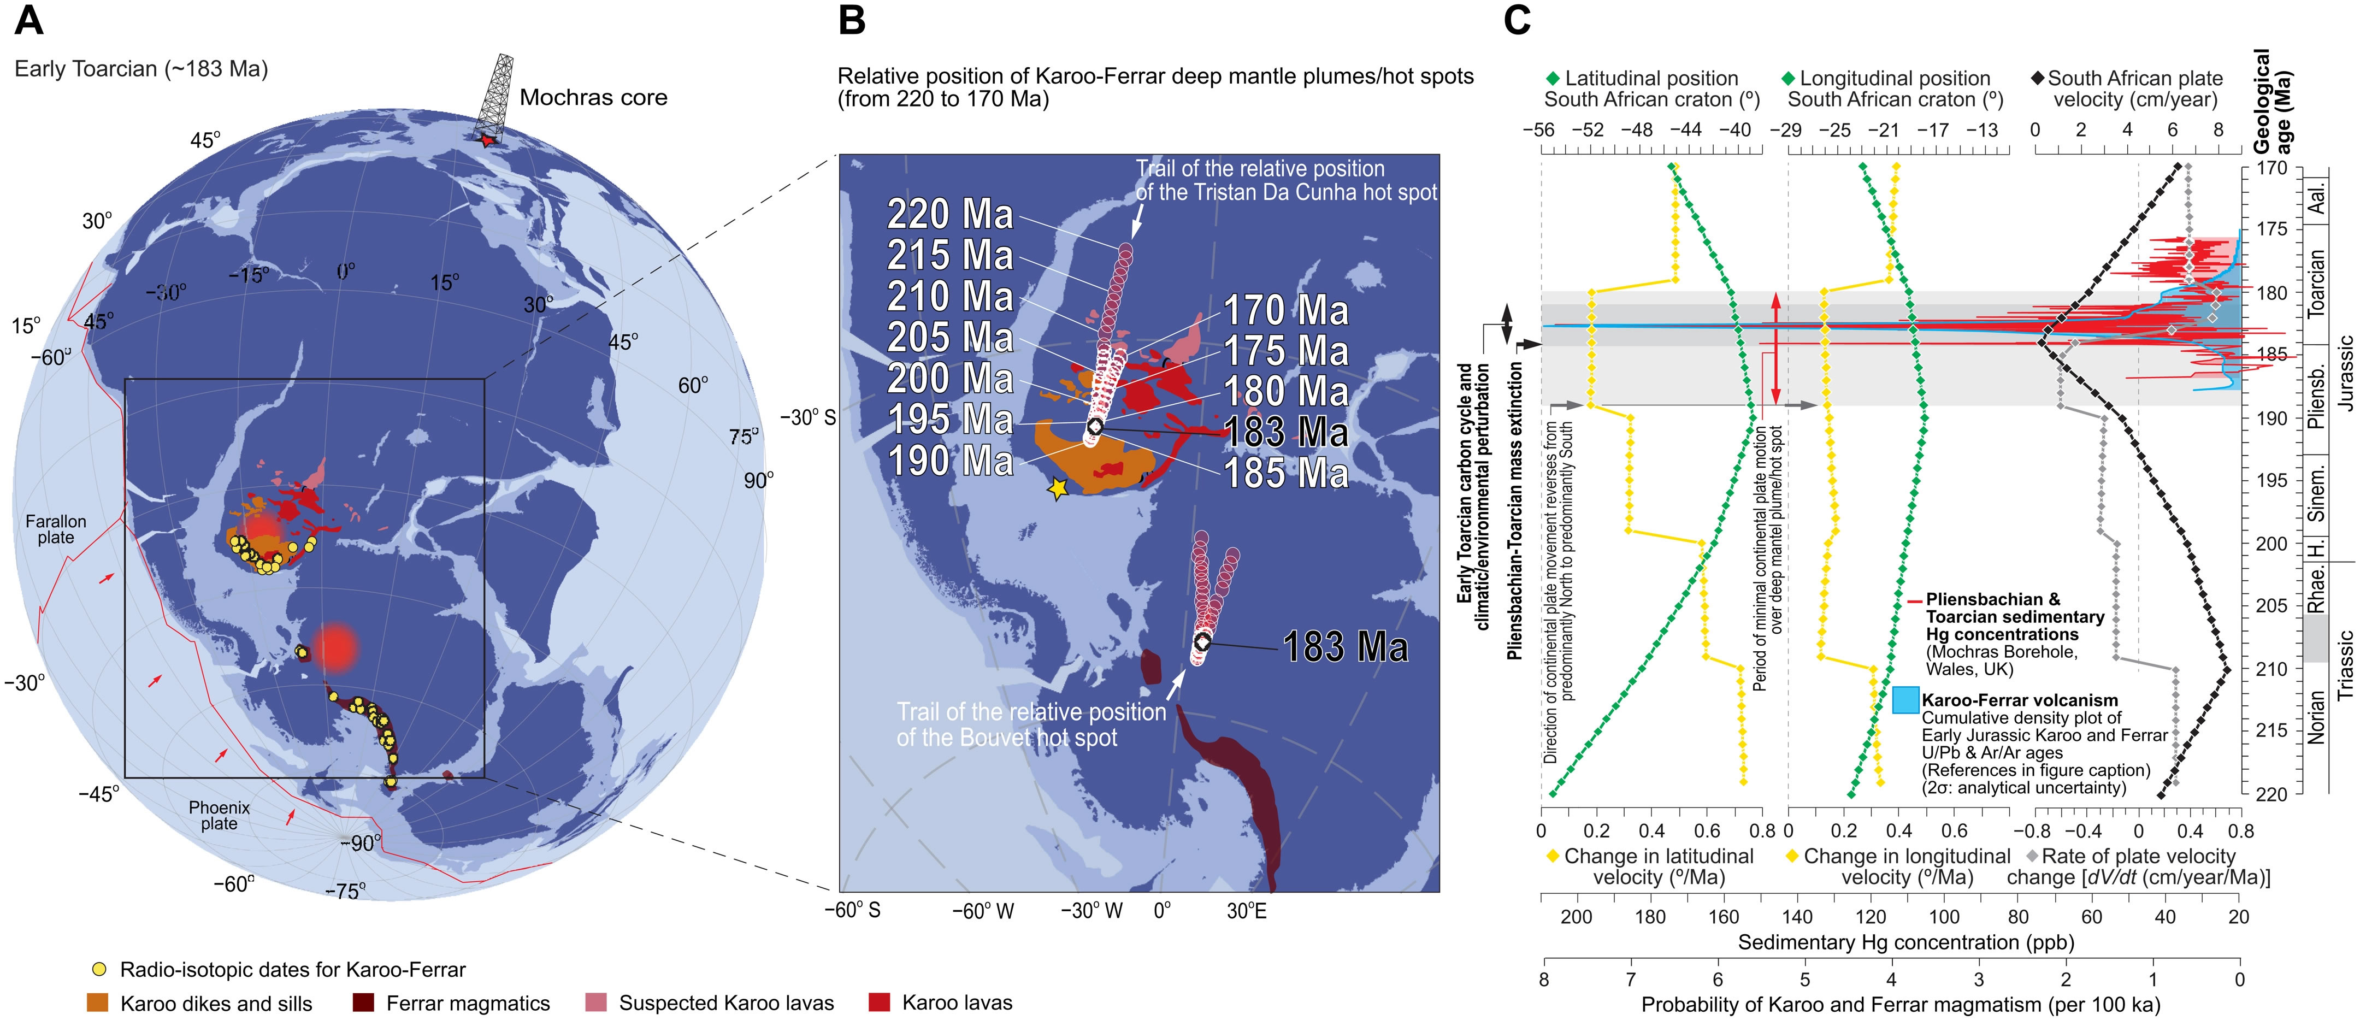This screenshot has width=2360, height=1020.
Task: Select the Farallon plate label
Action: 56,529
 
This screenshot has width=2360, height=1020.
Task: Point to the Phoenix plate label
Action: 219,815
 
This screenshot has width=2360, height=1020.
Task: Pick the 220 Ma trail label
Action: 950,215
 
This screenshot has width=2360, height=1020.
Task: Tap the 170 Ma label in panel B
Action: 1287,311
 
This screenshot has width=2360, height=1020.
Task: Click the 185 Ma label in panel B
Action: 1287,473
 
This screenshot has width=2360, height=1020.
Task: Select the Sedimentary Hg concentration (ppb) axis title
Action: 1905,942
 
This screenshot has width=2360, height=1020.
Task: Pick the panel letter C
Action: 1516,20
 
